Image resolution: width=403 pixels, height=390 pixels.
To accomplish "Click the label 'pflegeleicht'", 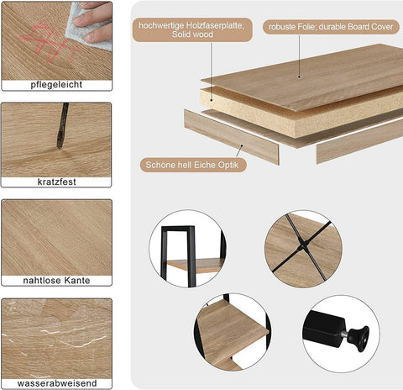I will (57, 85).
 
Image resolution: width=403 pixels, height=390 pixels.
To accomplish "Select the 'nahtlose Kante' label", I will (57, 280).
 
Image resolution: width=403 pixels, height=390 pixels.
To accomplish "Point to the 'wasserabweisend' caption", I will (57, 382).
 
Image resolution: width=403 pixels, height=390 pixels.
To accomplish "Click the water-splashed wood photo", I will (57, 336).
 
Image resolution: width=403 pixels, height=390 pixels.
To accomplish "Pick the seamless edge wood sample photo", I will (57, 235).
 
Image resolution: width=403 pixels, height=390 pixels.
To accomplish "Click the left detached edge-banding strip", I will (231, 136).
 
